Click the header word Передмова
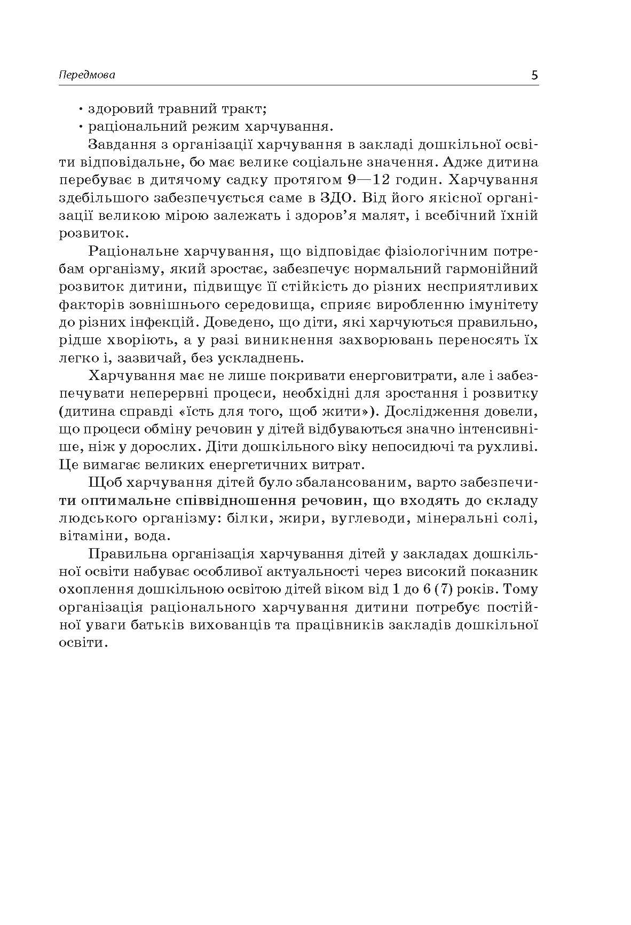tap(86, 75)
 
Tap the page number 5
tap(534, 75)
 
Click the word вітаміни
tap(90, 536)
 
